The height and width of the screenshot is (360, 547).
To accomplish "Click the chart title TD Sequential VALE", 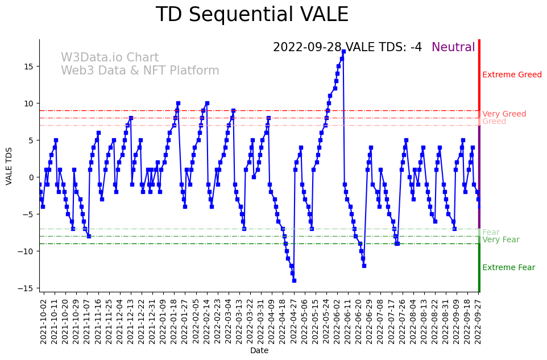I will (252, 15).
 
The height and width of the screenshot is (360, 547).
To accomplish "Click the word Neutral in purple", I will (453, 48).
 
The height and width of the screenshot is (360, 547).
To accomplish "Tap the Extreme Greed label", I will (512, 75).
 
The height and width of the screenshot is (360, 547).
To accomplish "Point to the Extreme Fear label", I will (508, 268).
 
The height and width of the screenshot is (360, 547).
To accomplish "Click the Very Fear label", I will (500, 240).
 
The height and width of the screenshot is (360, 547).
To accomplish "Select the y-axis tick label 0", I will (31, 177).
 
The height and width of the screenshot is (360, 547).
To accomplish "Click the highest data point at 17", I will (343, 52).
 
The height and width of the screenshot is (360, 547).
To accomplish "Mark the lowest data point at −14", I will (294, 280).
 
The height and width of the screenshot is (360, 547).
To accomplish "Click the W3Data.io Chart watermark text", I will (110, 58).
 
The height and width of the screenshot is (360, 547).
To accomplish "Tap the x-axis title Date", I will (259, 351).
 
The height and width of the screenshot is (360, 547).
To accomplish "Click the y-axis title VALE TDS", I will (9, 165).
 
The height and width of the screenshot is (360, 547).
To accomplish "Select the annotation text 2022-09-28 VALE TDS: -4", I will (347, 48).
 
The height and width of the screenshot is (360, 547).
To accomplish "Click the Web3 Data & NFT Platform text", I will (140, 71).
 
